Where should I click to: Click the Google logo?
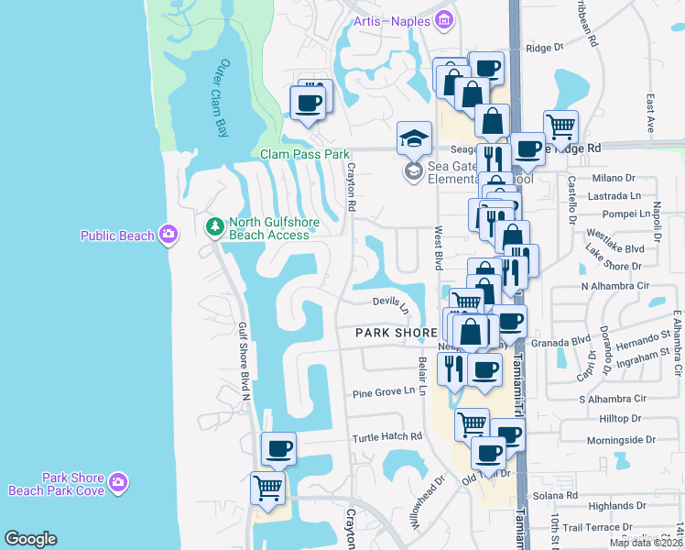[x=30, y=539]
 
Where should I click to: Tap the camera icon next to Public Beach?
[x=168, y=236]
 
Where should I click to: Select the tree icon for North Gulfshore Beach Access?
[x=214, y=225]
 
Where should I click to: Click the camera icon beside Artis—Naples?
[x=444, y=19]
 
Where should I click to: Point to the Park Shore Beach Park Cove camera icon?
[x=117, y=482]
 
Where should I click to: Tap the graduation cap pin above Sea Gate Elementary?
[x=414, y=138]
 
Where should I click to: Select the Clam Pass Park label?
[x=305, y=155]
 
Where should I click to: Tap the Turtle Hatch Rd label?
[x=387, y=437]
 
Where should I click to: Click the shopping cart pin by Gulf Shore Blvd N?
[x=267, y=488]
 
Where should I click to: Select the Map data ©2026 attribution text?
[x=645, y=543]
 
